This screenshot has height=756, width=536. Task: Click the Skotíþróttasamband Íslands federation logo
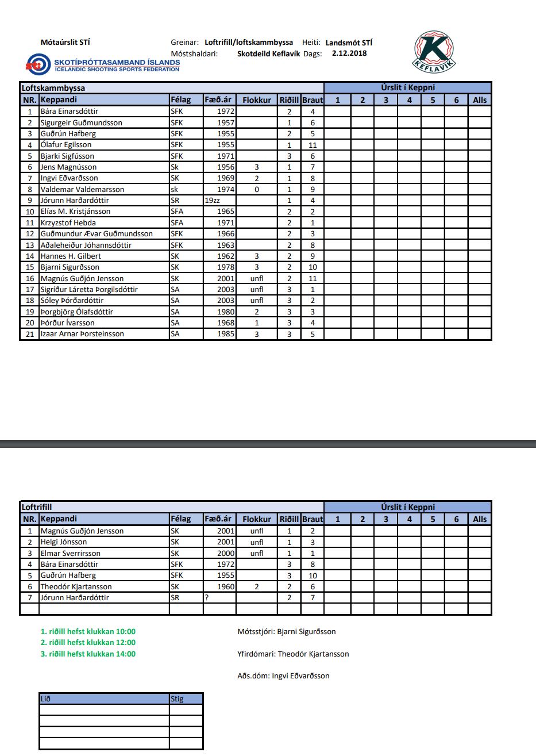103,64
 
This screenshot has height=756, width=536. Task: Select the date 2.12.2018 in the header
349,53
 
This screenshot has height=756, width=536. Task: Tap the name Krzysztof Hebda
68,222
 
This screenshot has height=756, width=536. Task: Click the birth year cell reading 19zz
213,201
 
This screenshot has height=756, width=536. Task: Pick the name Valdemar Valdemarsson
82,189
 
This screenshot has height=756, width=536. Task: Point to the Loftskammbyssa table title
53,89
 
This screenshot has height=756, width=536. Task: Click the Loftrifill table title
37,507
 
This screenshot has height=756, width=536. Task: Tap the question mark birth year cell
206,598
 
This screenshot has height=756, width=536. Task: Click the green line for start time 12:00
88,643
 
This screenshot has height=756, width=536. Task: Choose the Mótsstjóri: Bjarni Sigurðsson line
287,632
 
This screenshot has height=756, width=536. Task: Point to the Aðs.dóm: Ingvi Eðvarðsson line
283,676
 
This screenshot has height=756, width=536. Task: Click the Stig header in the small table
177,699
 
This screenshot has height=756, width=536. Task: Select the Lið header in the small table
46,699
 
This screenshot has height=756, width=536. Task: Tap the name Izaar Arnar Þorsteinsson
82,334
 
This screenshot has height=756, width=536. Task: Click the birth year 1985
226,334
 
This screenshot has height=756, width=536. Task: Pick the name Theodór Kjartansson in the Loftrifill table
76,586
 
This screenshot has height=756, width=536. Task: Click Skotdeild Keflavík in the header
268,53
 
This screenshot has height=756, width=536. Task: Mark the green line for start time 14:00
88,654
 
